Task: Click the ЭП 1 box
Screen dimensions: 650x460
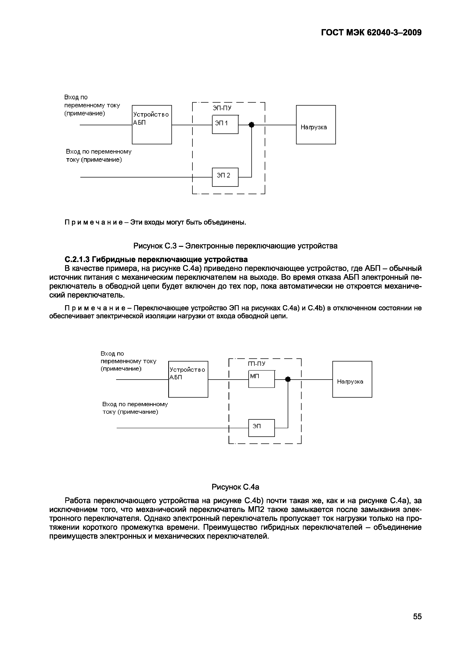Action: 225,125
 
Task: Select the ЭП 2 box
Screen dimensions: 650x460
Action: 225,177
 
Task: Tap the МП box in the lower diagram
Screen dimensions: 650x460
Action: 261,379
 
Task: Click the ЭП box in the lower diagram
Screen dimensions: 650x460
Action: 261,428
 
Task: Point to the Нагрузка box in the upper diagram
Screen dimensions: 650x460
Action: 316,125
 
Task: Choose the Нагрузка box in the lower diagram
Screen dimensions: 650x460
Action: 352,379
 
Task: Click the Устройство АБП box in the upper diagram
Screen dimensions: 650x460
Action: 152,125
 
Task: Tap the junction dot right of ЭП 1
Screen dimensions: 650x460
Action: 251,125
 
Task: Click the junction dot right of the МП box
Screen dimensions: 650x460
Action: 288,379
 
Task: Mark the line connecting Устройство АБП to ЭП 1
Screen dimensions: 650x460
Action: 192,125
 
